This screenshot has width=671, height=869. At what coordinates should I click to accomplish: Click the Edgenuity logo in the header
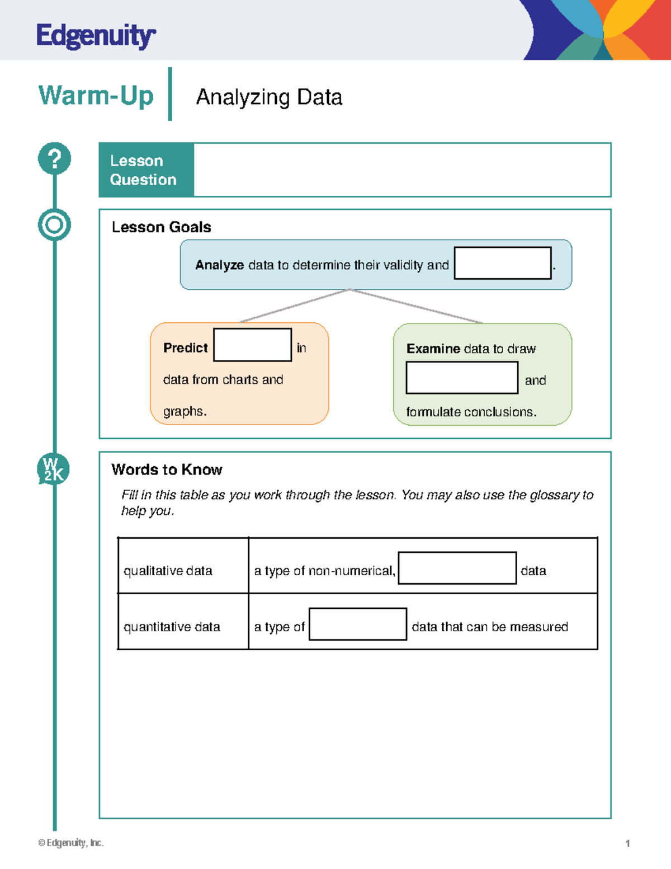(96, 36)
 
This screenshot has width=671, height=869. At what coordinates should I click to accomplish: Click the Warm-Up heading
(96, 96)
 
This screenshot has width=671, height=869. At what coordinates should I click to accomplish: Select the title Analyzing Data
(269, 97)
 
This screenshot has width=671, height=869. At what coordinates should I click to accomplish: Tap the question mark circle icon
(54, 158)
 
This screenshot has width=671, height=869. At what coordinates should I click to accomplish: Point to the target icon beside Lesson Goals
(54, 225)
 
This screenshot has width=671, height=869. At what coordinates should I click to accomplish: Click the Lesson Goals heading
(161, 227)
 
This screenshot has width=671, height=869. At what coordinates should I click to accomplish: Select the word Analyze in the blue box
(219, 265)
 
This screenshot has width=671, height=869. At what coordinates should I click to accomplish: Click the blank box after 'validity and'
(502, 263)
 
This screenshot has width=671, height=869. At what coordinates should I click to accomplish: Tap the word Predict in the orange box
(185, 348)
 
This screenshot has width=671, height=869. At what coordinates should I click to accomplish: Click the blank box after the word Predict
(252, 345)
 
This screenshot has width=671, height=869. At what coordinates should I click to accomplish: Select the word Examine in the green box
(433, 349)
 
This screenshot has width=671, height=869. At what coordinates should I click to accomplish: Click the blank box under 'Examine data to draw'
(461, 378)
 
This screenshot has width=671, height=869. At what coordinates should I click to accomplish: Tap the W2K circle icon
(54, 469)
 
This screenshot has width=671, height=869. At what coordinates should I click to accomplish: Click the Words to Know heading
(167, 469)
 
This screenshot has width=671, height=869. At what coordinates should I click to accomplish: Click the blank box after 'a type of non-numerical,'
(457, 568)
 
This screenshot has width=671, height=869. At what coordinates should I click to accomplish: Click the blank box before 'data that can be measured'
(357, 624)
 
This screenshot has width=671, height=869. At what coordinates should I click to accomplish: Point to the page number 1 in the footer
(627, 843)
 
